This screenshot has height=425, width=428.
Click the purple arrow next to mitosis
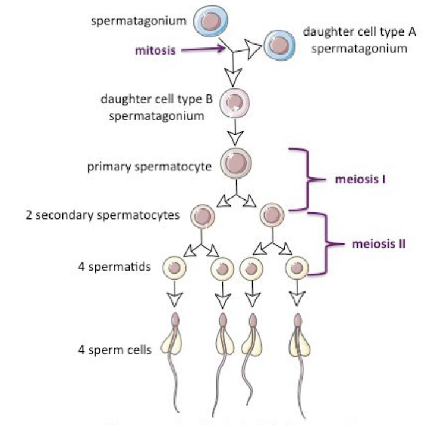click(x=202, y=50)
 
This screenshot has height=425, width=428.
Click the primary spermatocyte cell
click(x=237, y=163)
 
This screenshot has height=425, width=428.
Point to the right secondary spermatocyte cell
click(x=271, y=215)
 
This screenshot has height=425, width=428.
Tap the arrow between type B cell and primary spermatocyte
click(x=236, y=135)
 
